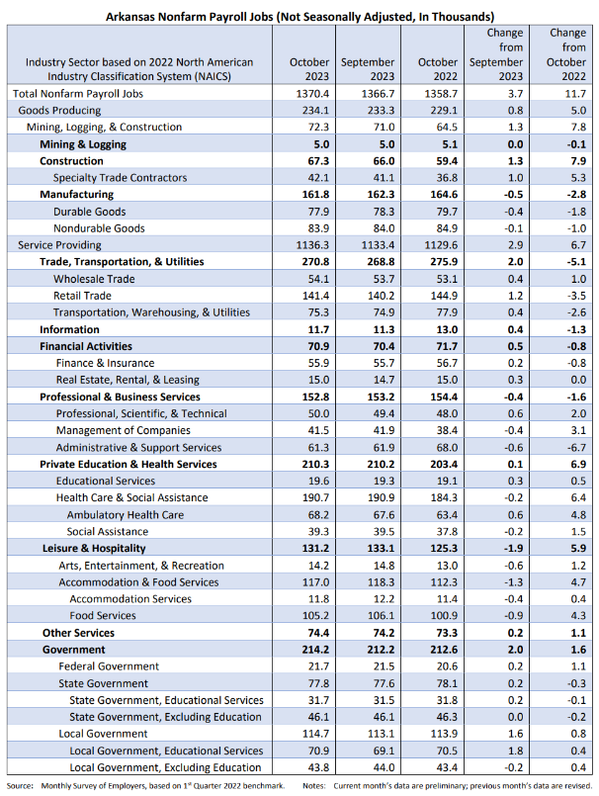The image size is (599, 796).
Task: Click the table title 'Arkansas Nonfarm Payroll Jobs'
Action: (191, 17)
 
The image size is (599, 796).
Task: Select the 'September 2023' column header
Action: (368, 69)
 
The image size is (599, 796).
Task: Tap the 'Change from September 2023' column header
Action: (496, 54)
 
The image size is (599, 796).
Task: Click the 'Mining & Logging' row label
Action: (83, 144)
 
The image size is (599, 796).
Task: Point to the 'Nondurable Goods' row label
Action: (99, 228)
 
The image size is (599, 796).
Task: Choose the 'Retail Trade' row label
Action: (82, 296)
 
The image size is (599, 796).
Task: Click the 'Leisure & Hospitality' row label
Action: (94, 548)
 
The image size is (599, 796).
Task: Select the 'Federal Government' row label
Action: (109, 666)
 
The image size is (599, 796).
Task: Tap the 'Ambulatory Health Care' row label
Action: (126, 515)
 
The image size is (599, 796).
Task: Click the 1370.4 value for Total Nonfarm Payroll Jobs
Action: (312, 94)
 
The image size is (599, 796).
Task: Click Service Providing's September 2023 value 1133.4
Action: (378, 245)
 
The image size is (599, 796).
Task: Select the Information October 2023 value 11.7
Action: (318, 329)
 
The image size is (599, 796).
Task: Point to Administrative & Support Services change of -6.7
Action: (577, 448)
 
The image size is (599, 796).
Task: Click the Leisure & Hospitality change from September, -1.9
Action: (513, 548)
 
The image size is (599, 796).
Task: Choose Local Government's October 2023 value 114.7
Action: (315, 734)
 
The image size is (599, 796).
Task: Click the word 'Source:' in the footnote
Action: (20, 786)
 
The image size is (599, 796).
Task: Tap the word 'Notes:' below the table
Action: (313, 786)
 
